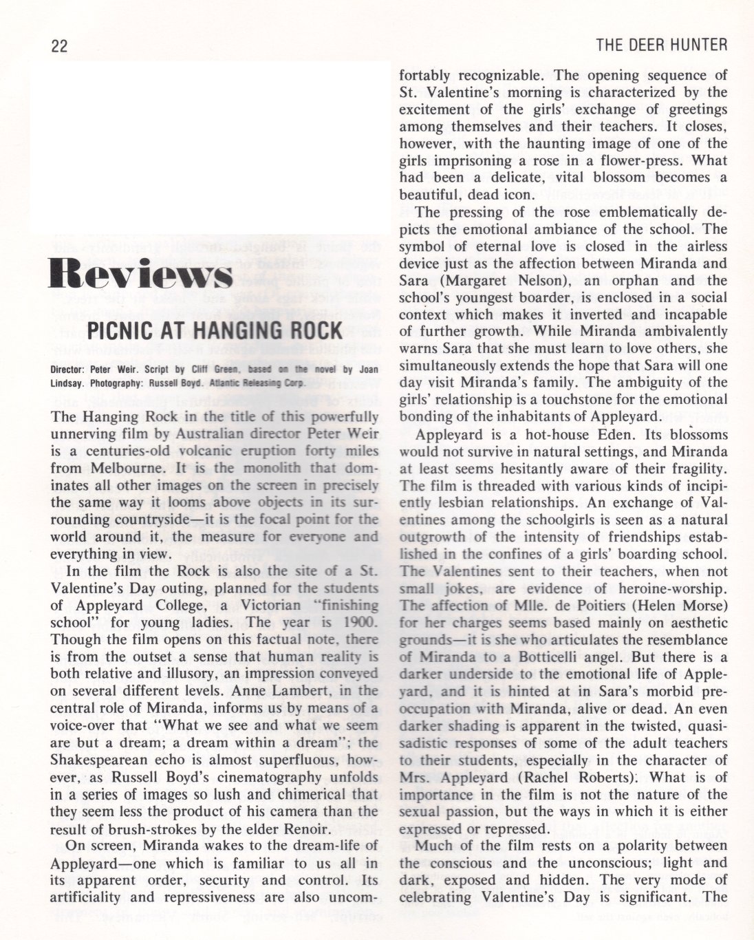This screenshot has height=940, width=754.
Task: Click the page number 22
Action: tap(58, 46)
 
